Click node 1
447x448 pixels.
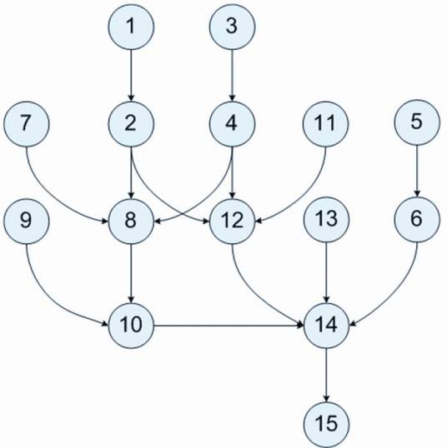tap(131, 27)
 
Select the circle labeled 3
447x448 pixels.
tap(232, 27)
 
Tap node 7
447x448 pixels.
tap(27, 124)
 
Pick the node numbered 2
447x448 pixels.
tap(131, 124)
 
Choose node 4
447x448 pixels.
tap(232, 124)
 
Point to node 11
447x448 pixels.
tap(326, 124)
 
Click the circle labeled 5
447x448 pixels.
tap(417, 122)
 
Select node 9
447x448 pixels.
tap(27, 222)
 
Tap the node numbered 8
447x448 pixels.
tap(131, 222)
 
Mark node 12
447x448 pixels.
tap(232, 222)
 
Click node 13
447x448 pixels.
tap(326, 220)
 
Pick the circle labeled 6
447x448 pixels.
tap(417, 220)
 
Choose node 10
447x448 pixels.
tap(131, 326)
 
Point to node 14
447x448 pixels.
tap(326, 326)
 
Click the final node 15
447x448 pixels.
tap(326, 425)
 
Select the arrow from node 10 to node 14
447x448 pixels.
tap(229, 326)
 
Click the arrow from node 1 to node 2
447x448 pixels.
tap(131, 76)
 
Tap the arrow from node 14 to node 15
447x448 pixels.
tap(326, 376)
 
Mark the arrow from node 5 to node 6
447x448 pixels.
tap(417, 172)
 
